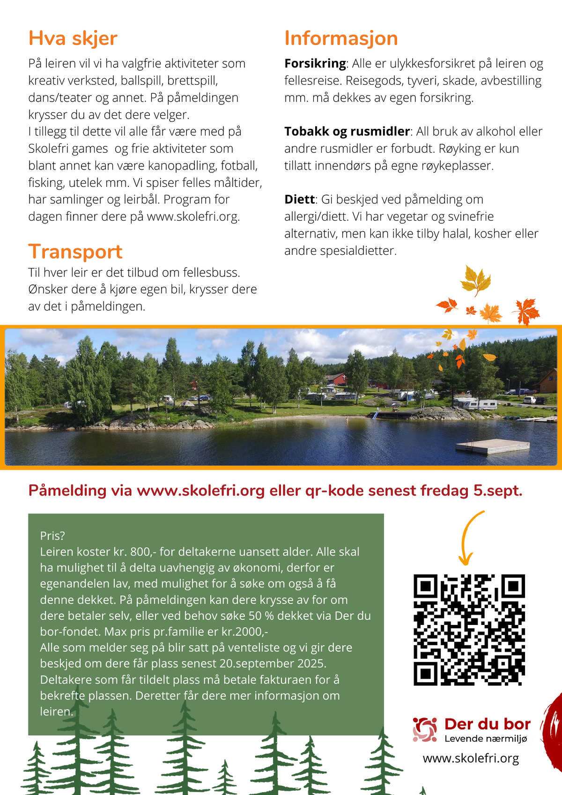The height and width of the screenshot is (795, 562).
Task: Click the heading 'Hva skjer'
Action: point(73,38)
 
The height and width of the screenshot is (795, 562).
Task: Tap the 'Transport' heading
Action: point(75,252)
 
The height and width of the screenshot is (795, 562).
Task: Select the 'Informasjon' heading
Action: point(341,38)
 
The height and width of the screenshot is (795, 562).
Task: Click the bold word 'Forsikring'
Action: point(315,64)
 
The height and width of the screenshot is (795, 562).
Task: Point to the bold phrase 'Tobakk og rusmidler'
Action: point(347,132)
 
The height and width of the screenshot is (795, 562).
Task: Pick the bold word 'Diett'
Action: point(299,200)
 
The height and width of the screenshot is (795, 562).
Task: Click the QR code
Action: point(469,630)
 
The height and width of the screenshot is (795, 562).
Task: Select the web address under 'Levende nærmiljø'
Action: point(471,758)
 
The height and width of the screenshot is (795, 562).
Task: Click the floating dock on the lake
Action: point(492,446)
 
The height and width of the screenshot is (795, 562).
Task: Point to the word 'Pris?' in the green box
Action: point(52,536)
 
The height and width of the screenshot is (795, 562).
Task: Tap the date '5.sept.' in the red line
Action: point(498,491)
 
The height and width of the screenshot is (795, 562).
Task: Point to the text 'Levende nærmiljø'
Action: point(486,739)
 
